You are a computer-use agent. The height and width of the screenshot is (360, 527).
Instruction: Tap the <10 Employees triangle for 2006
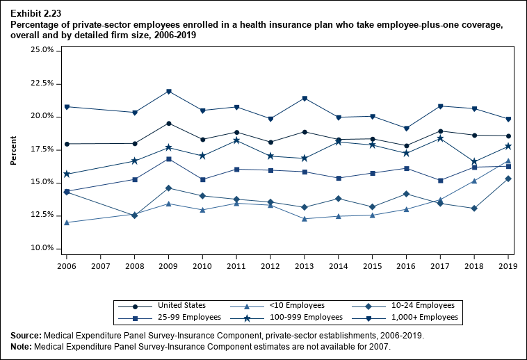point(67,222)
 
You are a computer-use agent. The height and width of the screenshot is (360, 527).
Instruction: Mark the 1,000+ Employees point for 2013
point(305,98)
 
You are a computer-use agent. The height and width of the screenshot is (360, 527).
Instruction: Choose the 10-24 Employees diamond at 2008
point(135,215)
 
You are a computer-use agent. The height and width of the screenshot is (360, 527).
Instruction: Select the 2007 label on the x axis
point(101,266)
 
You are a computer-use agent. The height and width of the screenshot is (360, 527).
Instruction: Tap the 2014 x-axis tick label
point(339,266)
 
